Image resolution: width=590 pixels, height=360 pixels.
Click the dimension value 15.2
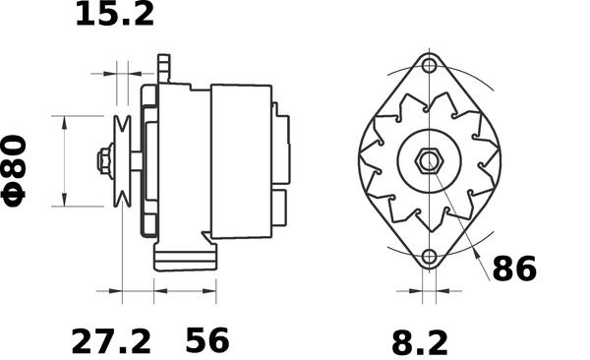[115, 14]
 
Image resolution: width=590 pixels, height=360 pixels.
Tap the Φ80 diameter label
[14, 171]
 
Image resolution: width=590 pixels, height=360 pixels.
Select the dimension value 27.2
[111, 341]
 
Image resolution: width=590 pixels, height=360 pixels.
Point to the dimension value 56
[206, 340]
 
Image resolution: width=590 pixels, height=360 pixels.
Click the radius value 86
[514, 269]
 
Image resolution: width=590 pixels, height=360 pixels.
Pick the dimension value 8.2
[420, 342]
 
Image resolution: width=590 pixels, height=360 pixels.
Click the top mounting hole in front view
[429, 66]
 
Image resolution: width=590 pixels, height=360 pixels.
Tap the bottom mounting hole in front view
[429, 257]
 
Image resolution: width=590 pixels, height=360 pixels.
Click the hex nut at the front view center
[430, 161]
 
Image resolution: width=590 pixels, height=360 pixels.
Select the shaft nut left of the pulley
[105, 161]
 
